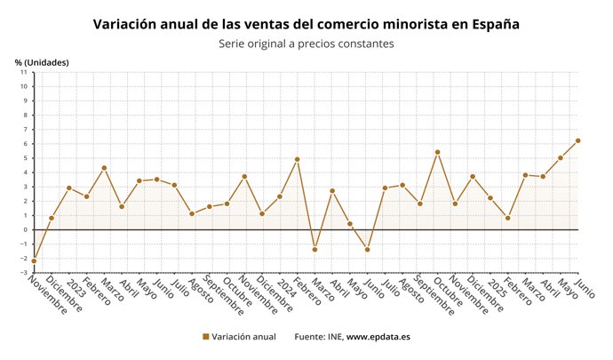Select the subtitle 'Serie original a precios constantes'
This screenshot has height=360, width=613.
[x=306, y=44]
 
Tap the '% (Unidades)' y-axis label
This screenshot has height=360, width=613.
[x=42, y=61]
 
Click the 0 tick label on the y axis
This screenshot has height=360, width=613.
[x=26, y=229]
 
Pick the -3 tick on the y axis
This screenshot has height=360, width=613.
[x=24, y=272]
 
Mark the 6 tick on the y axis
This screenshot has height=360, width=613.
[x=26, y=144]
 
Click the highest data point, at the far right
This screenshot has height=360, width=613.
[x=577, y=140]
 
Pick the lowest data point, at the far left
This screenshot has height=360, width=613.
[x=34, y=260]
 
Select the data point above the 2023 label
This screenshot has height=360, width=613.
[x=68, y=188]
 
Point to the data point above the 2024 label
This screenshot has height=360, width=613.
[x=280, y=196]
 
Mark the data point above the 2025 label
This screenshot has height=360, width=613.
[x=490, y=197]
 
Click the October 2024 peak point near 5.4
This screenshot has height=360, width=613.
[x=437, y=152]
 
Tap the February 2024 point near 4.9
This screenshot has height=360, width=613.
[x=297, y=159]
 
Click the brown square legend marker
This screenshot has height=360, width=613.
[x=206, y=337]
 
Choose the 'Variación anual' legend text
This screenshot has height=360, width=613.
[x=244, y=337]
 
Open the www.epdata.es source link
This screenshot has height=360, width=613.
[x=378, y=337]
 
